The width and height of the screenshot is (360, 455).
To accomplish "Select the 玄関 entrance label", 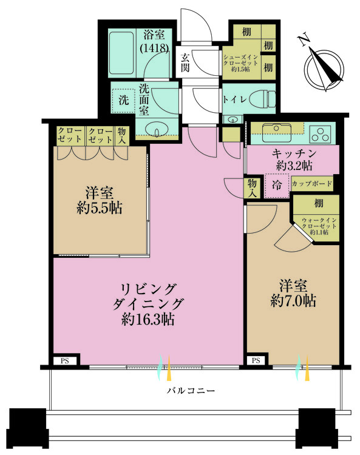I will (x=185, y=62).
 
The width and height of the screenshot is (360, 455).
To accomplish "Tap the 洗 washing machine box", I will (x=123, y=99).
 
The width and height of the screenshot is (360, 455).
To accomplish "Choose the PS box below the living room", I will (x=64, y=361).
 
